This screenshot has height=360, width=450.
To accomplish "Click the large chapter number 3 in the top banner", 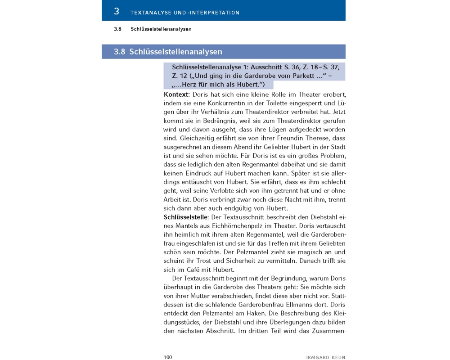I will pyautogui.click(x=117, y=11).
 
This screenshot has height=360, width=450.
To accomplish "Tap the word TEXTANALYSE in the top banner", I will pyautogui.click(x=150, y=13).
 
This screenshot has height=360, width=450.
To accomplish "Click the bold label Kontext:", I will pyautogui.click(x=177, y=95).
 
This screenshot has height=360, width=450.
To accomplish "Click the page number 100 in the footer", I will pyautogui.click(x=168, y=357).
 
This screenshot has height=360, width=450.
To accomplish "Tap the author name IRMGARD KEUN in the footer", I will pyautogui.click(x=326, y=358).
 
